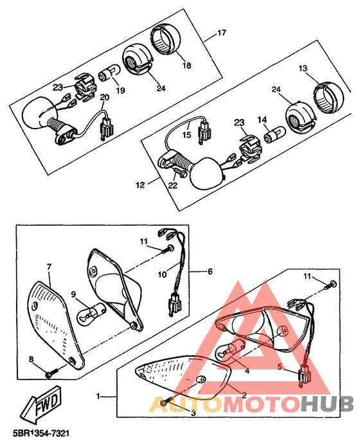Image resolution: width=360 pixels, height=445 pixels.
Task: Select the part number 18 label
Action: pyautogui.click(x=186, y=66)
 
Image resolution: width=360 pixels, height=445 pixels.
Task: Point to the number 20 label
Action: pyautogui.click(x=104, y=97)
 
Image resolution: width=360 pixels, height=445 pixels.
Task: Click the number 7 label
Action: pyautogui.click(x=49, y=266)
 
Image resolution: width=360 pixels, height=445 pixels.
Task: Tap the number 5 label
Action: pyautogui.click(x=280, y=368)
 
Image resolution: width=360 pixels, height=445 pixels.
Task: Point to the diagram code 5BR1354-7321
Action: pyautogui.click(x=40, y=435)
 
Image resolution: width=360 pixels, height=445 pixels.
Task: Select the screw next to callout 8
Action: pyautogui.click(x=52, y=371)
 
